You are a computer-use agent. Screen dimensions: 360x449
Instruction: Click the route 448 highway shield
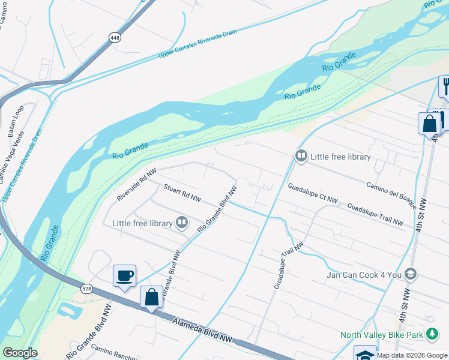click(x=114, y=37)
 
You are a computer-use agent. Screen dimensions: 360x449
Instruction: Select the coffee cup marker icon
click(x=124, y=276)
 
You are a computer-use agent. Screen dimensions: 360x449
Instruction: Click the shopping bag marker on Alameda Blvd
click(x=151, y=296)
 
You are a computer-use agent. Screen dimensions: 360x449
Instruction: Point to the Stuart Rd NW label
click(x=182, y=193)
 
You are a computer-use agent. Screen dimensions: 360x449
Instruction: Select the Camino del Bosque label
click(x=391, y=192)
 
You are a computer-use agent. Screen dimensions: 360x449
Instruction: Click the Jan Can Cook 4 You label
click(x=364, y=275)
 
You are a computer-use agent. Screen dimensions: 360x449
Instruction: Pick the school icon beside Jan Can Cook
click(x=411, y=274)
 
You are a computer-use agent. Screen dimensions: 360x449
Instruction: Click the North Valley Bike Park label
click(x=380, y=334)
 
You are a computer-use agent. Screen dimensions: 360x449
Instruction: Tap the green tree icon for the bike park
click(x=432, y=334)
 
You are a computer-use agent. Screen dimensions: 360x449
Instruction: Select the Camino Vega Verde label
click(x=12, y=161)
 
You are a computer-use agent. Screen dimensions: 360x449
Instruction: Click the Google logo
click(x=20, y=353)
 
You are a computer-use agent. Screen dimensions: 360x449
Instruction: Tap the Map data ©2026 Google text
click(x=412, y=355)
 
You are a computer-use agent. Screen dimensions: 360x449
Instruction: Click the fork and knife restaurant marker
click(x=445, y=86)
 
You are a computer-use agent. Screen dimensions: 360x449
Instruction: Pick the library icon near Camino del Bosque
click(x=301, y=157)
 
